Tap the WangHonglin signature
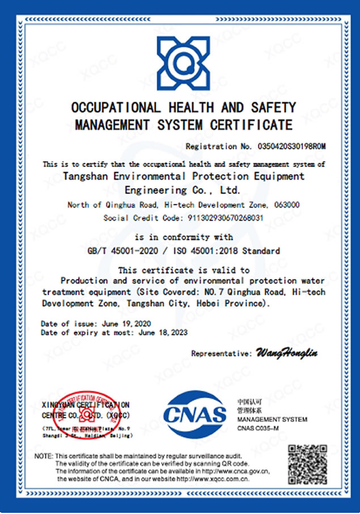tap(287, 353)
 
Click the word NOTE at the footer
tap(43, 456)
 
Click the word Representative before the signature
tap(220, 353)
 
